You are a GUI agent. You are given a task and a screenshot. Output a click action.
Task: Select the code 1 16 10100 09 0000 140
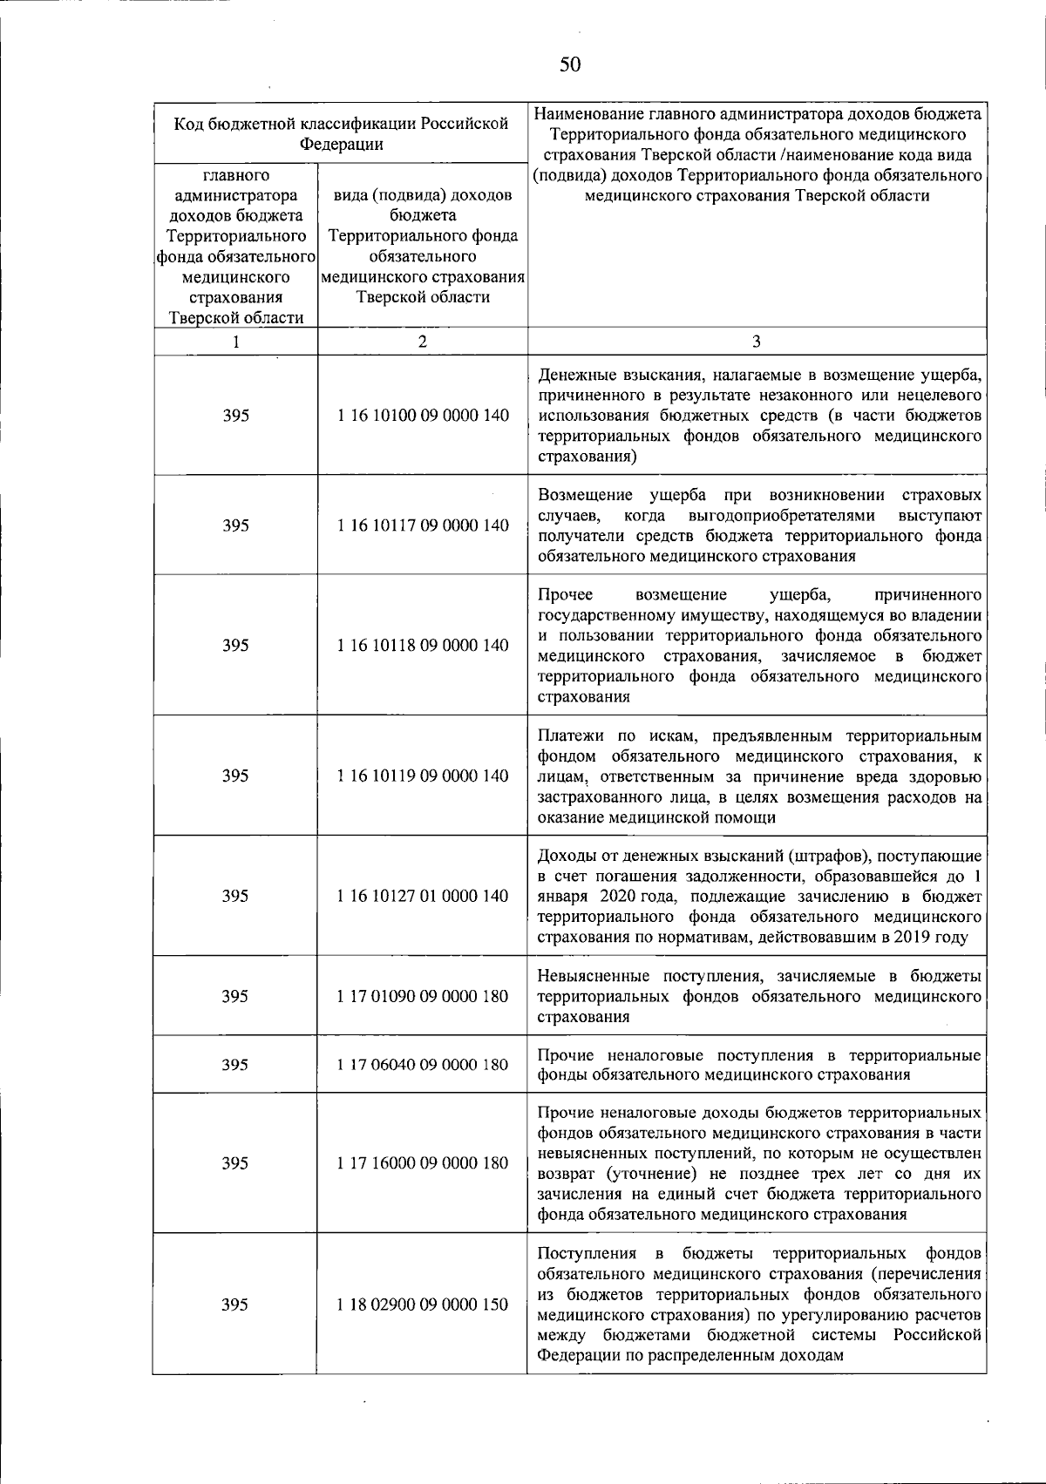click(423, 416)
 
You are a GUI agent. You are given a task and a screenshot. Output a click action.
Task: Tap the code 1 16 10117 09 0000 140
click(423, 525)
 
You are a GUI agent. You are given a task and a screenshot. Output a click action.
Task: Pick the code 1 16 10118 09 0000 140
click(423, 645)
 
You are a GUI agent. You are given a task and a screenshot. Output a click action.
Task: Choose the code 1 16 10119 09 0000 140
click(423, 776)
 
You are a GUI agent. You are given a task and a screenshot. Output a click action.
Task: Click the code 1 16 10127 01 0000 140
click(423, 896)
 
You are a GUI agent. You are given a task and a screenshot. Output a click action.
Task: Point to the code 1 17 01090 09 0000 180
click(423, 996)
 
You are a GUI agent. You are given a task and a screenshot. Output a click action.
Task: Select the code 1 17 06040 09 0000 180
click(423, 1064)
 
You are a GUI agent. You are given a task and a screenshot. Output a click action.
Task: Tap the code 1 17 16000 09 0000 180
click(423, 1162)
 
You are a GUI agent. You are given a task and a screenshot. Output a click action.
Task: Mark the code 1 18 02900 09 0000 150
click(423, 1304)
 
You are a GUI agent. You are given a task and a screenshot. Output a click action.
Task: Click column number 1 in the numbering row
click(235, 342)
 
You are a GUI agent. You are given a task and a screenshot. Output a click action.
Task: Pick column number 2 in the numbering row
click(423, 342)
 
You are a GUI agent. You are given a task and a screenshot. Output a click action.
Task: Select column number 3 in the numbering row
click(757, 342)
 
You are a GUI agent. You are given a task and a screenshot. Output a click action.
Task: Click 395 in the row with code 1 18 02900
click(235, 1304)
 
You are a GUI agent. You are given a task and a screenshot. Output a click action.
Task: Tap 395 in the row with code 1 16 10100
click(235, 416)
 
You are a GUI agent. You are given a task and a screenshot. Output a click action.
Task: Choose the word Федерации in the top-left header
click(341, 145)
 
